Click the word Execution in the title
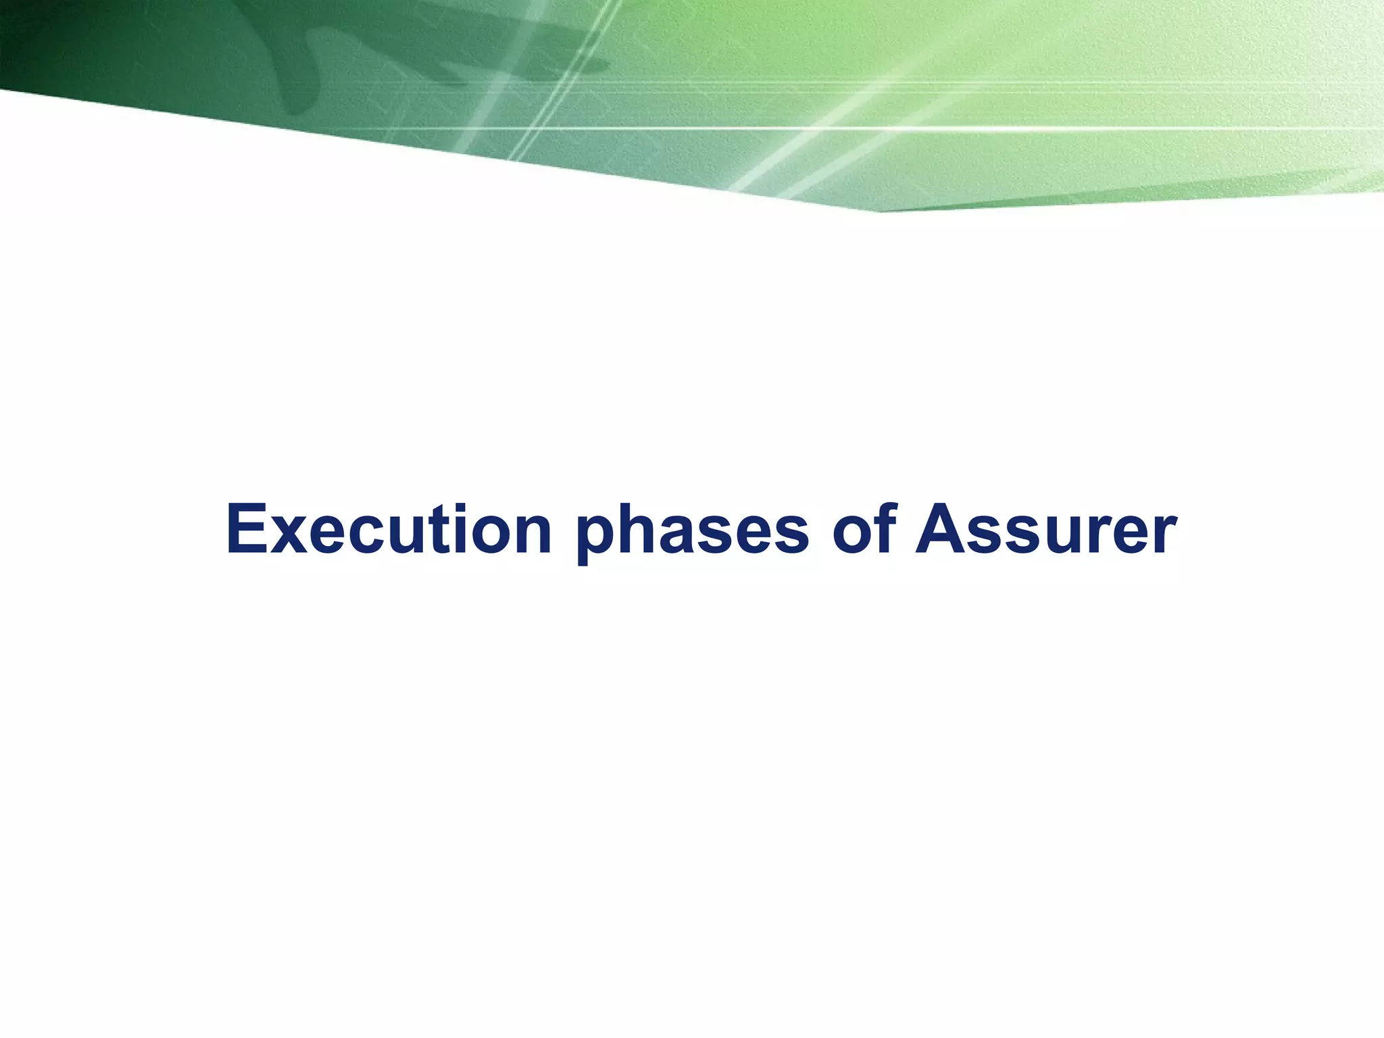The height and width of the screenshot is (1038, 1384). click(389, 530)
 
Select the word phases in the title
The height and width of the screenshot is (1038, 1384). click(692, 530)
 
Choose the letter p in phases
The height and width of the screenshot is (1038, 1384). click(597, 541)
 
